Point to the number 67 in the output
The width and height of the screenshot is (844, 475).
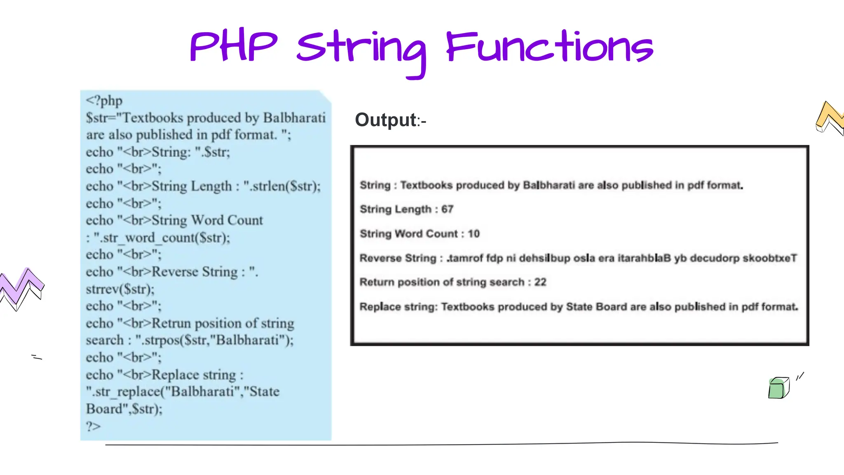(x=447, y=209)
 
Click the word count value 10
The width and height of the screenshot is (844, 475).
(x=474, y=234)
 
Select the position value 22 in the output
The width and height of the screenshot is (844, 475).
(x=540, y=282)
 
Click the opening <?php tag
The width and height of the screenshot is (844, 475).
(x=104, y=101)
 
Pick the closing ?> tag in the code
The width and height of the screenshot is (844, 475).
(x=93, y=426)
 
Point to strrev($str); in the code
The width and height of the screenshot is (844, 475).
(x=120, y=289)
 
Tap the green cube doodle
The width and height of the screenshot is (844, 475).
(x=778, y=388)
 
